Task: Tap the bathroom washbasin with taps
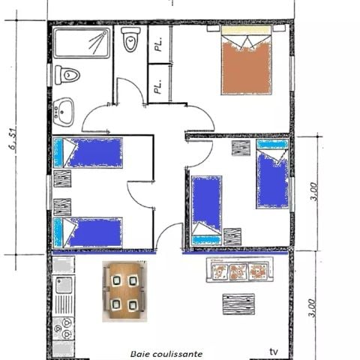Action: [x=64, y=111]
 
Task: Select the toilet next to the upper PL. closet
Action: [x=129, y=41]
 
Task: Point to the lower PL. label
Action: [x=158, y=87]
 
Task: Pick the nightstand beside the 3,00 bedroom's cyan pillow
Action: [x=241, y=148]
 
